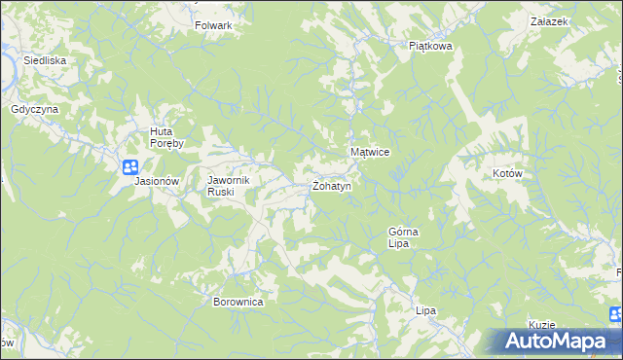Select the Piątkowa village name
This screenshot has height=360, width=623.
pos(431,45)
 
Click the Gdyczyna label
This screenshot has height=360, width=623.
pos(35,110)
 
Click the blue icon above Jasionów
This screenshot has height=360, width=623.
pos(131,167)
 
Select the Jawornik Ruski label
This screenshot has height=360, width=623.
pos(229,186)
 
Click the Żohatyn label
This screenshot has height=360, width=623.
pos(331,185)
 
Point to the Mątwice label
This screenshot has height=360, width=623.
pos(370,153)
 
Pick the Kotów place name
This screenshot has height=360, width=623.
pos(508,173)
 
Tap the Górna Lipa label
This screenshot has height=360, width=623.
pos(403,237)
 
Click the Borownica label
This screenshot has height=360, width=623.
pos(238,302)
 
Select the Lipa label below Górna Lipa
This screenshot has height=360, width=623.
pos(425,310)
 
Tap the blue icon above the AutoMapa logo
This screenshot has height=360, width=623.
pos(615,314)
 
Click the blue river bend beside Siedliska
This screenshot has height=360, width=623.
pos(12,64)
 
